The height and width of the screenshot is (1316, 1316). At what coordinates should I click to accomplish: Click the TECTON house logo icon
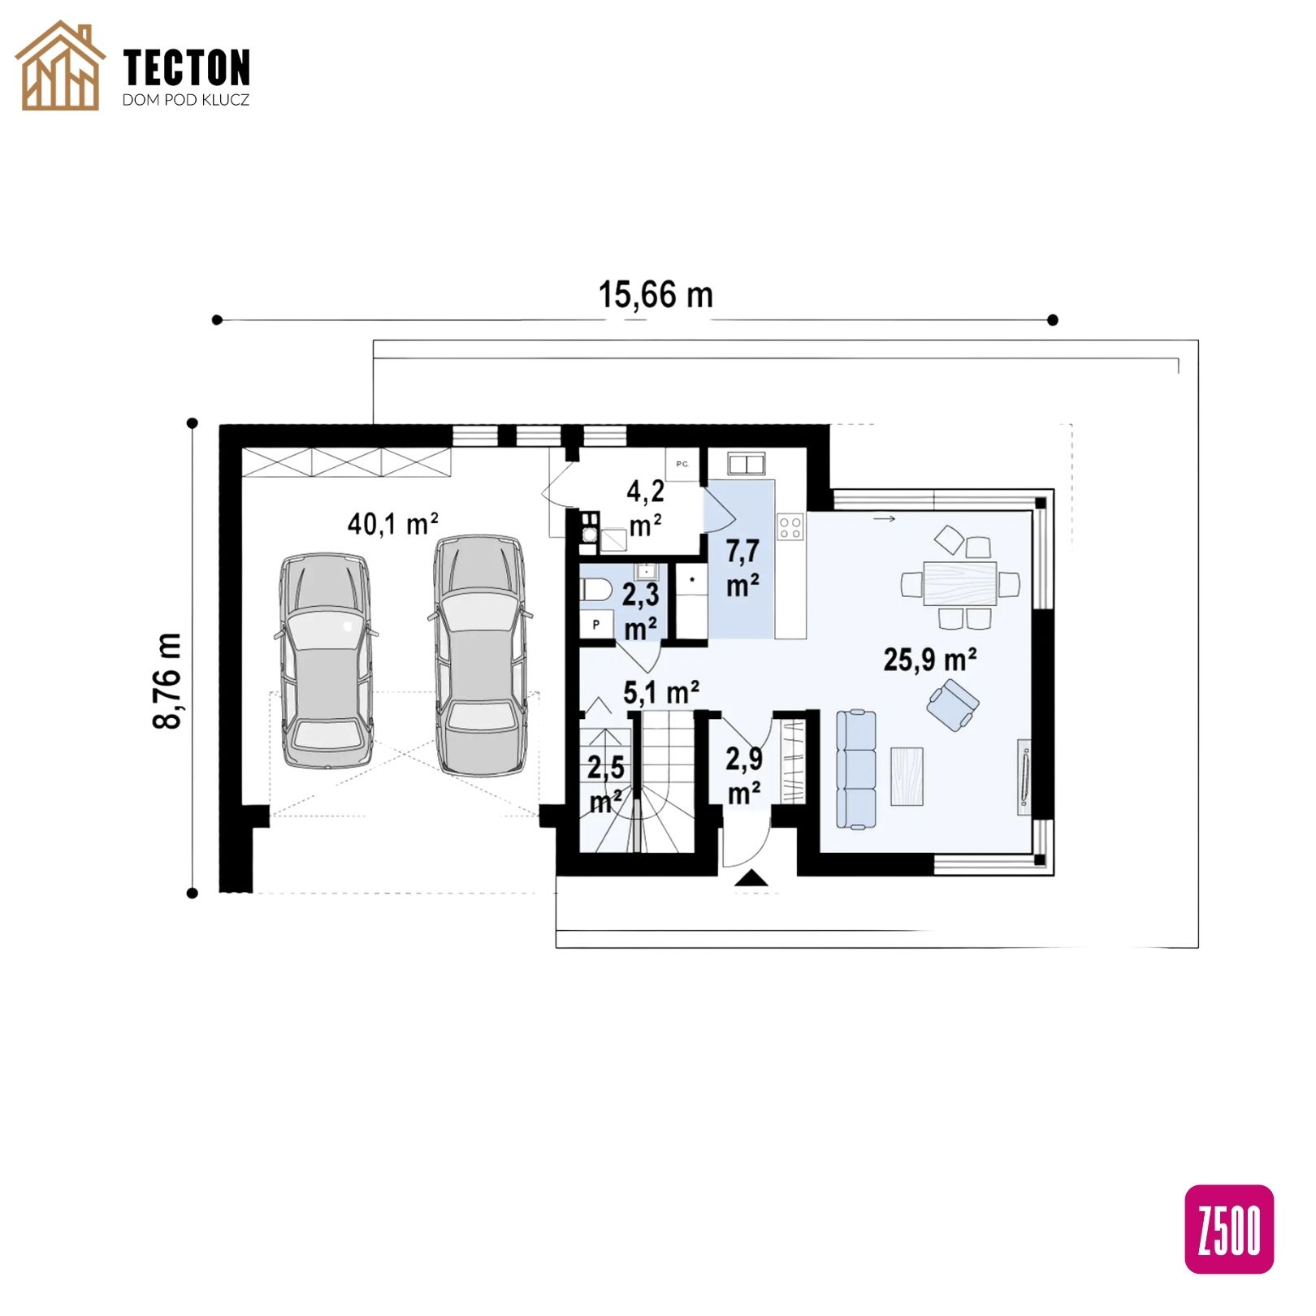coord(60,66)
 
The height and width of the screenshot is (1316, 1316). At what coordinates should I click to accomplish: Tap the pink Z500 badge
coord(1228,1228)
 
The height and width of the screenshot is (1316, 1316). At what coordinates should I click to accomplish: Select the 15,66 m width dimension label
coord(656,295)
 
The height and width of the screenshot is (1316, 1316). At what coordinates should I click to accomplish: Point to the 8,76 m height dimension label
coord(168,681)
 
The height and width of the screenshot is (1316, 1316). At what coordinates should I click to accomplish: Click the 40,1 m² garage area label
coord(393,524)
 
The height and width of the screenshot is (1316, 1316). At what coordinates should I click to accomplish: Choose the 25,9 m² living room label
coord(930,660)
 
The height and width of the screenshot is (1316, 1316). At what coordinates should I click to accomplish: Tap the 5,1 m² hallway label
coord(661,693)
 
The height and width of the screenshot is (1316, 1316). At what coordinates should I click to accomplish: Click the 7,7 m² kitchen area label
coord(742,568)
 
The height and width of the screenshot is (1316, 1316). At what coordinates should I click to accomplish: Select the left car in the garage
coord(327,660)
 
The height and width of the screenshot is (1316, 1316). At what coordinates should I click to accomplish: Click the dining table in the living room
coord(960,583)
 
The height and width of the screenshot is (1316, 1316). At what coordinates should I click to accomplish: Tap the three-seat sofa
coord(856,769)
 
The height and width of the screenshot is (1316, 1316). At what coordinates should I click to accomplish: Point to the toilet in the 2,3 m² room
coord(596,589)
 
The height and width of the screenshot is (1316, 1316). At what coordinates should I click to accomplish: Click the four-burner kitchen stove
coord(790,527)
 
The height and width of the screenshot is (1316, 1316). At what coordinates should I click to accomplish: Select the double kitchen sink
coord(746,464)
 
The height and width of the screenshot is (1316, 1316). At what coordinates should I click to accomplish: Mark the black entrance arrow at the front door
coord(751,878)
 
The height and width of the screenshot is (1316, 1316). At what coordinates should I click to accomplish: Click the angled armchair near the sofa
coord(953,704)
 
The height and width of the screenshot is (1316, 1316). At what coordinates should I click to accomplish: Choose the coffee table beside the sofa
coord(907,777)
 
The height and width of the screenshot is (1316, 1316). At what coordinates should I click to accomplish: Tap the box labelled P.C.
coord(682,465)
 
